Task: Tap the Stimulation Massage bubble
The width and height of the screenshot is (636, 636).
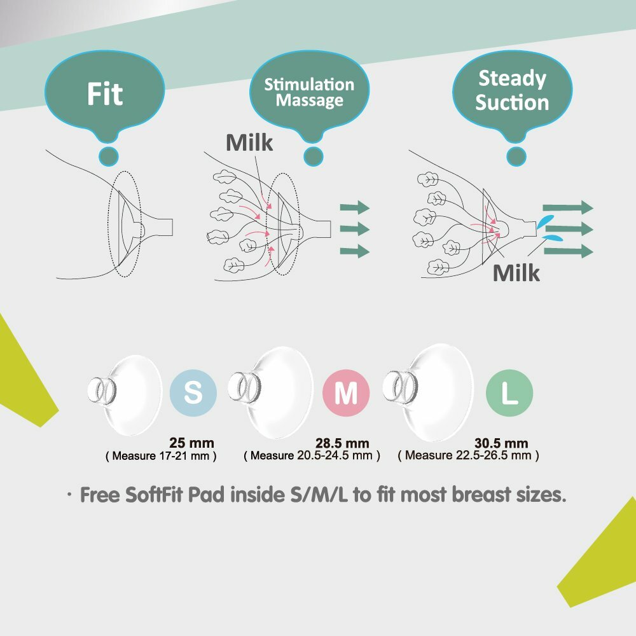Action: click(310, 92)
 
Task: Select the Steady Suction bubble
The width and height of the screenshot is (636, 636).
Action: click(512, 90)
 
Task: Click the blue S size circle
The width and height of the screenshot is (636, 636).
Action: click(193, 394)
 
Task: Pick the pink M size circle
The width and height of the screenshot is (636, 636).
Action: click(346, 394)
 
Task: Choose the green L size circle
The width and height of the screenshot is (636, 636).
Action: click(509, 394)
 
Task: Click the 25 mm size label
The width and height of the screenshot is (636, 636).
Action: click(191, 443)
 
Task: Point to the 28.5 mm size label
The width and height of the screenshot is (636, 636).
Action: click(342, 443)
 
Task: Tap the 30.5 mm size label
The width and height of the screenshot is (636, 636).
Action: click(501, 443)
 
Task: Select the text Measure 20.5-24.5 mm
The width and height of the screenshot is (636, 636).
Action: click(312, 455)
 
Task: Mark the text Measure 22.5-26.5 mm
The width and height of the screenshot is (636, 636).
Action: click(468, 455)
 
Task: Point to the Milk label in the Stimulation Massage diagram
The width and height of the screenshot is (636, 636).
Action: click(249, 142)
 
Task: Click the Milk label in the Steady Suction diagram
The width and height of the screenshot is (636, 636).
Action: click(516, 273)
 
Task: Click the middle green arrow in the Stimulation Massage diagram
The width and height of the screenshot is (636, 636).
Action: click(354, 228)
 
